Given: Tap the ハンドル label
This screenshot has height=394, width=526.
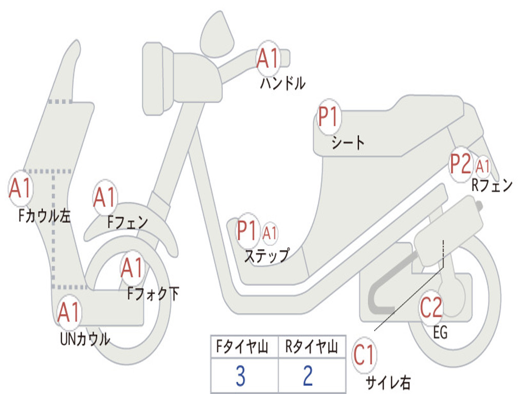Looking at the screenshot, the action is (x=283, y=83).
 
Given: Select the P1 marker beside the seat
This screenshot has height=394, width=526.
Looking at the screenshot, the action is (x=329, y=116).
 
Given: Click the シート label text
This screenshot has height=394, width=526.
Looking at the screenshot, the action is (x=348, y=143).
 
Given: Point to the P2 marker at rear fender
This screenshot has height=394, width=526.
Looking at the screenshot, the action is (x=461, y=164).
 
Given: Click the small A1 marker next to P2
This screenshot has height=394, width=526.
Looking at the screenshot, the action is (x=482, y=166).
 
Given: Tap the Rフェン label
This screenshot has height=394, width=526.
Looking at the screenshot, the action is (x=492, y=185).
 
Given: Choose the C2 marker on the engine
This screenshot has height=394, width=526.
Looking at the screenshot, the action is (x=431, y=308).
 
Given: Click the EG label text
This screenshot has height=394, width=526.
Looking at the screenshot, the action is (x=440, y=332).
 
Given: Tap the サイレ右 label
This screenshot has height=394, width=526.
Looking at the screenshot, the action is (x=388, y=382).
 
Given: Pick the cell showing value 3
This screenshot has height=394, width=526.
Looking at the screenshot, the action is (x=245, y=375).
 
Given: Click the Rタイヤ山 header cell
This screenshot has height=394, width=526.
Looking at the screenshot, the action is (x=312, y=347).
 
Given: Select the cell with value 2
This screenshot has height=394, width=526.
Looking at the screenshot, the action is (x=312, y=375).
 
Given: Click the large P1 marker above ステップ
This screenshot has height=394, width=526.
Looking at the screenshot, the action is (x=248, y=230).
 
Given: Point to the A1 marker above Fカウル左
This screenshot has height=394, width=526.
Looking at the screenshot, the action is (x=21, y=188).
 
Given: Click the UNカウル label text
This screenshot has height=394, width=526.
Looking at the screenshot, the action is (x=85, y=339).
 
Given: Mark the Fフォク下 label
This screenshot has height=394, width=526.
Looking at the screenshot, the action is (x=153, y=294).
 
